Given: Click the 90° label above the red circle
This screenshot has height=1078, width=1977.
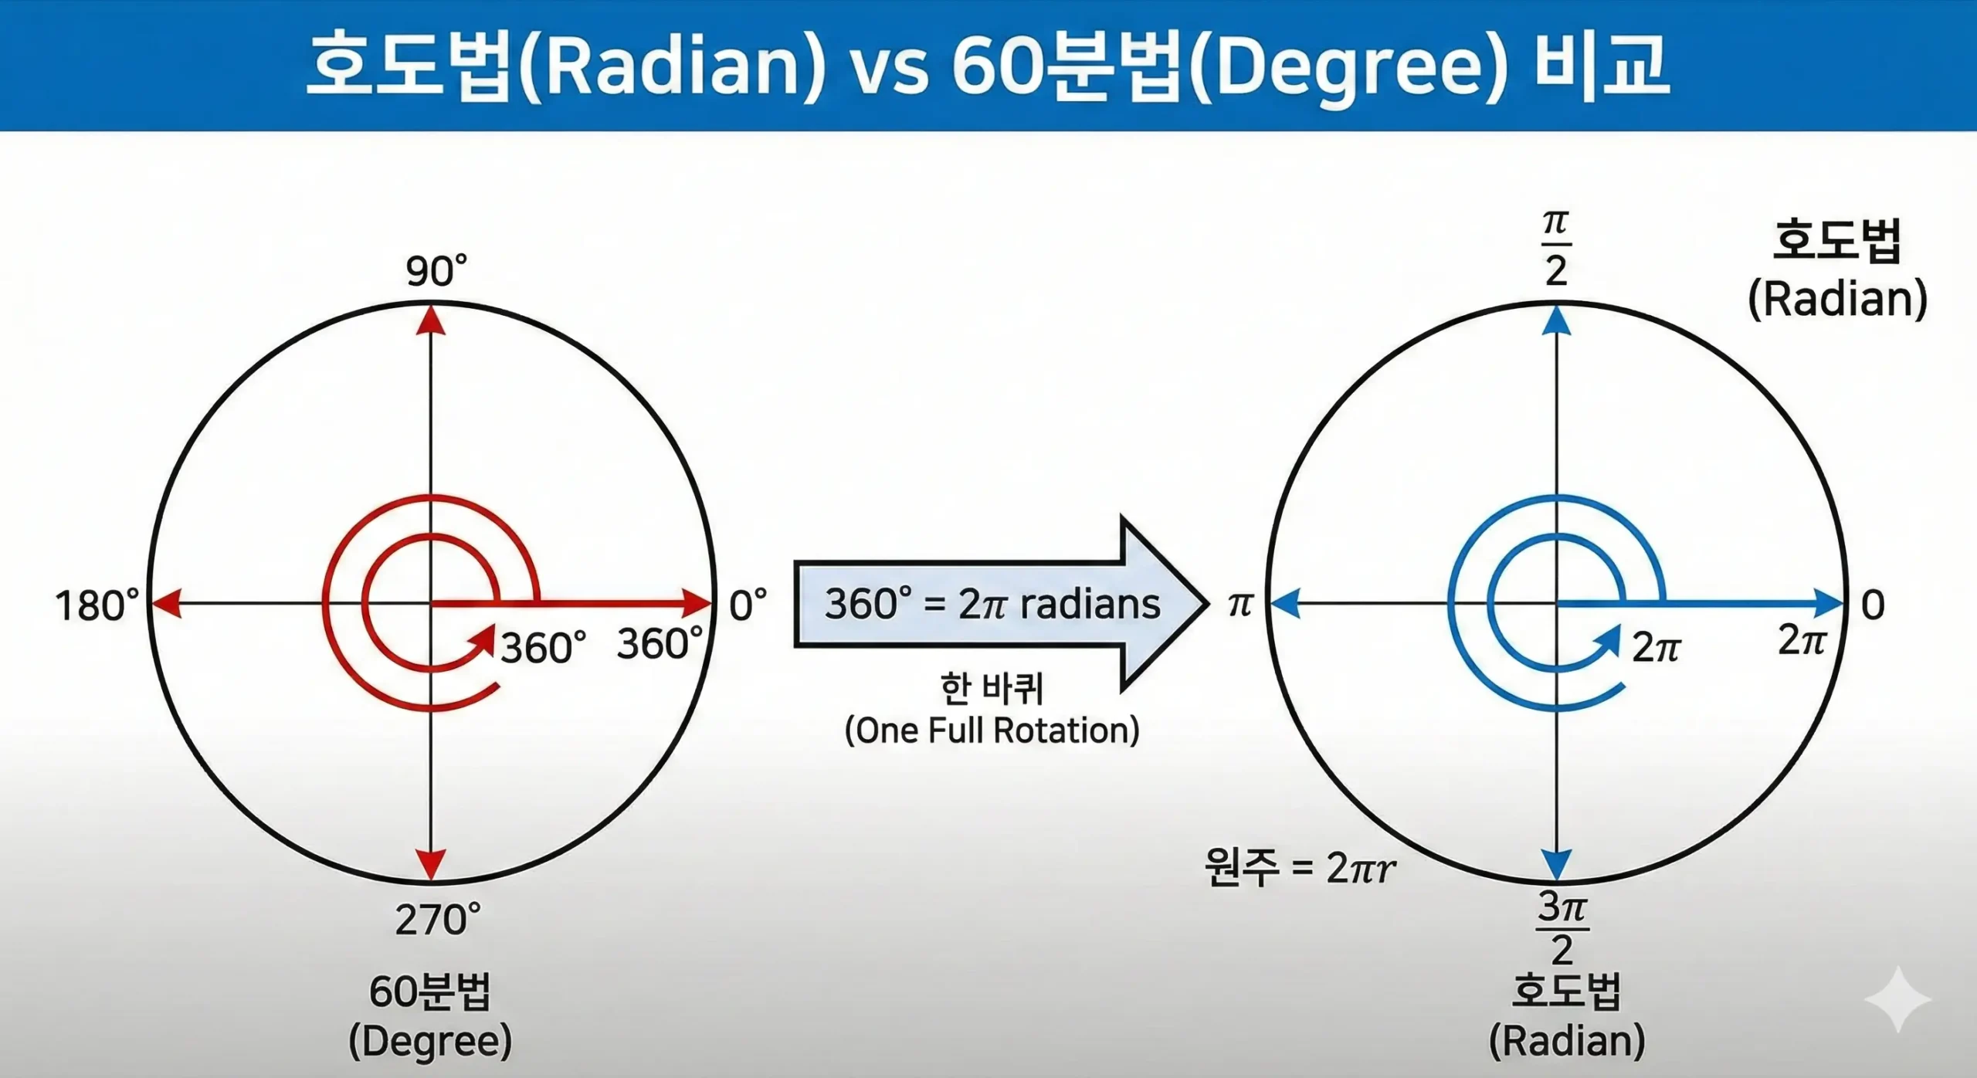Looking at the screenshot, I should tap(436, 271).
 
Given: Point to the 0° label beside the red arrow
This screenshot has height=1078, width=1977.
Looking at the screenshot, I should tap(748, 605).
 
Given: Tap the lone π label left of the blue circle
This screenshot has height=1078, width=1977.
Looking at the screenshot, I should tap(1239, 605).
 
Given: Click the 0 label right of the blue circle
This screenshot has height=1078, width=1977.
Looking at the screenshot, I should tap(1873, 605).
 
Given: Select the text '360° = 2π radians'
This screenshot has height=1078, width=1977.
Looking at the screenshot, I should tap(992, 604).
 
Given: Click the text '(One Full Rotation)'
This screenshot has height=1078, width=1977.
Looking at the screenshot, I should tap(992, 730).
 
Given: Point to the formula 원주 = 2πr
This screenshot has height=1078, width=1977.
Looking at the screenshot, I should tap(1300, 868).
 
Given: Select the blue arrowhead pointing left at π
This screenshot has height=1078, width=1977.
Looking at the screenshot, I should tap(1284, 603).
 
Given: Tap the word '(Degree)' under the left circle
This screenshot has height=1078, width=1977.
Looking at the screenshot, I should tap(430, 1041).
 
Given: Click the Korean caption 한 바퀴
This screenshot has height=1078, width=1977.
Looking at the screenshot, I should tap(992, 688).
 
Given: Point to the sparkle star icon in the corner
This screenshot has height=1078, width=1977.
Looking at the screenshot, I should tap(1897, 999).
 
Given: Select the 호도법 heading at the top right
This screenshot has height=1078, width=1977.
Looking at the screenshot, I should tap(1836, 241).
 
